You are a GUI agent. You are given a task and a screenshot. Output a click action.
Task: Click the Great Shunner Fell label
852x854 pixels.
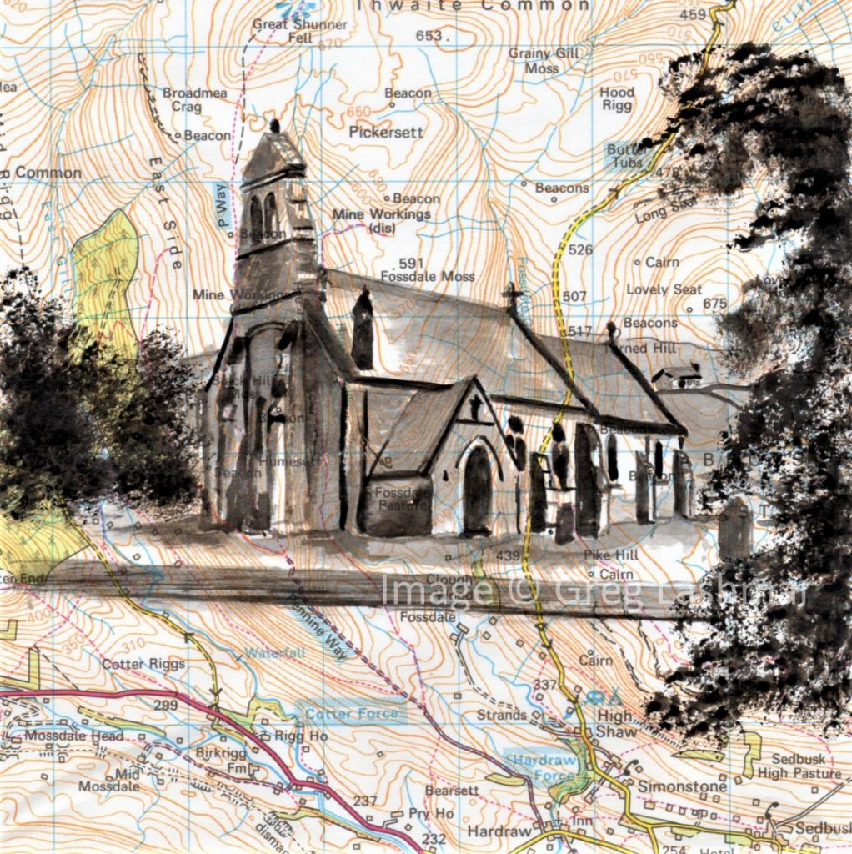coord(299,31)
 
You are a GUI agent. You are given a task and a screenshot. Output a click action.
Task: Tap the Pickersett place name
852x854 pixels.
coord(386,132)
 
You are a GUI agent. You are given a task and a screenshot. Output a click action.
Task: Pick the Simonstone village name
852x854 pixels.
coord(671,786)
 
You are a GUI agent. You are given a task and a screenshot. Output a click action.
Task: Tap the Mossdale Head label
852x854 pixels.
coord(73,736)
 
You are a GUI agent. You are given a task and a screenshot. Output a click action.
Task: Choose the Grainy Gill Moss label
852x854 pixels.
coord(544,60)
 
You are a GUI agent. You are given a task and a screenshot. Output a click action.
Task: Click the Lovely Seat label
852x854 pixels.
coord(664,289)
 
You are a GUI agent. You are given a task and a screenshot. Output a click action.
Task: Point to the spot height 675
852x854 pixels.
coord(714,304)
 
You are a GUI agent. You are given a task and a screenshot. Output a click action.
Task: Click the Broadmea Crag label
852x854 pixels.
coord(193,100)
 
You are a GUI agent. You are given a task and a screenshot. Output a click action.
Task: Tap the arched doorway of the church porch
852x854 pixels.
coord(478,492)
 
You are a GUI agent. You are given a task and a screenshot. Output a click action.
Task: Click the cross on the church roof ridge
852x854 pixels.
coord(512,295)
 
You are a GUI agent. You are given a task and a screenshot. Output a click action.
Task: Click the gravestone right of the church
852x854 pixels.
coord(733,527)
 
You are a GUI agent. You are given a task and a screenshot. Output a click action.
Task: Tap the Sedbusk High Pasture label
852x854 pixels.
coord(794,766)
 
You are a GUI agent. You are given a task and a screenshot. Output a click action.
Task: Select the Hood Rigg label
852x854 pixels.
coord(617,99)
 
